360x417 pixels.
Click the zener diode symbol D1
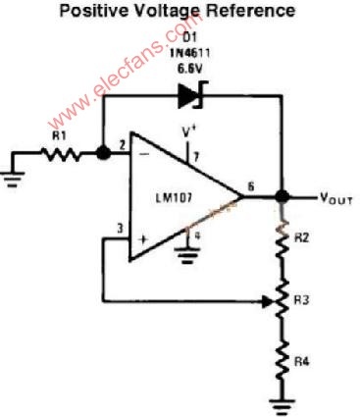click(190, 95)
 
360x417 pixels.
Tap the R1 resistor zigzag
click(61, 154)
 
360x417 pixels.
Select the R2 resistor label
click(301, 237)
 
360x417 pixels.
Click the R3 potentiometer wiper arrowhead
click(268, 301)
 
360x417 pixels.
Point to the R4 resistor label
click(301, 362)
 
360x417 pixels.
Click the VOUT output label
click(336, 198)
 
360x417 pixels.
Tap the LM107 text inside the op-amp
click(174, 198)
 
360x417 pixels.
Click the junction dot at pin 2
click(104, 153)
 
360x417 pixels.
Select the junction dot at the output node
click(282, 196)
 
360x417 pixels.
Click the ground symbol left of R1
click(13, 180)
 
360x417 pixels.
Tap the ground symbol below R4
click(282, 406)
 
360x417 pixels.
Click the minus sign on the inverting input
click(144, 154)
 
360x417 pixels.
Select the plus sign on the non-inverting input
click(143, 239)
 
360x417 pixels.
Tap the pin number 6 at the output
click(251, 186)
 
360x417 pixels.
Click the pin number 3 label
click(121, 229)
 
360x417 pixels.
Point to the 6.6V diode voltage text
click(189, 69)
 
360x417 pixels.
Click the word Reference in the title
click(251, 11)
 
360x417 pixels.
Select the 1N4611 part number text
click(189, 53)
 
